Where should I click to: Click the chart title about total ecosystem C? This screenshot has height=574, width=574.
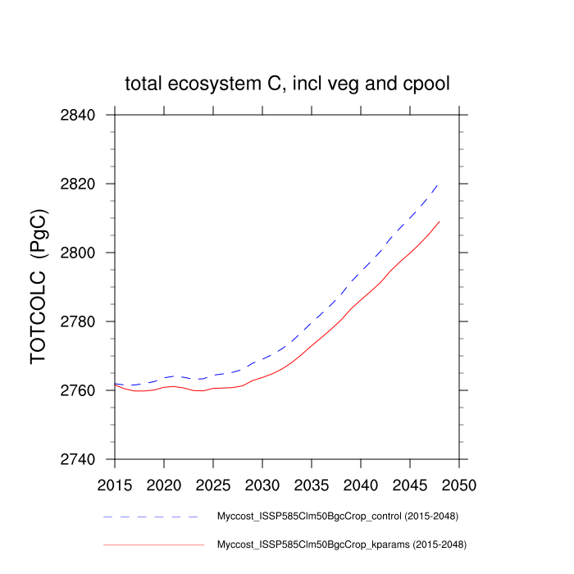pos(287,84)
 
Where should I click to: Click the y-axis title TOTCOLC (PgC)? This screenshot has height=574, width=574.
pos(39,287)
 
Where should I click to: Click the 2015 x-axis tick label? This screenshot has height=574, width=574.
pos(115,485)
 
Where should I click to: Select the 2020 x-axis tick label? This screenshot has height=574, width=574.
pos(164,485)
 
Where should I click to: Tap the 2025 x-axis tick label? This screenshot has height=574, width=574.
pos(213,485)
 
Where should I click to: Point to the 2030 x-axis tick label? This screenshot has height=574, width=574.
pos(262,485)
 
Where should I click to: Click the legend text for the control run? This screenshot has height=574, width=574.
pos(337,517)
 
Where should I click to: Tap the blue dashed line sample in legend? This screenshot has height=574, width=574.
pos(152,517)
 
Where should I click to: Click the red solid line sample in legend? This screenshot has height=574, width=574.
pos(152,544)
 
